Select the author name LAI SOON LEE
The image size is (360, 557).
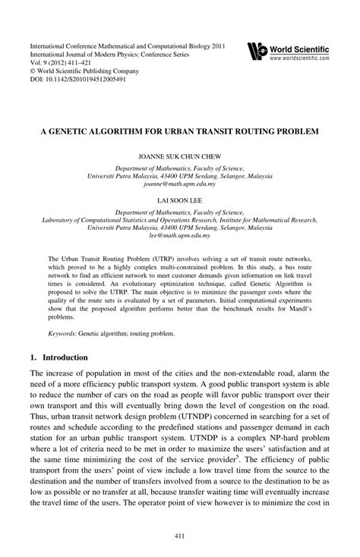pos(179,203)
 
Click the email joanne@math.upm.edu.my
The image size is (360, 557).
pos(179,184)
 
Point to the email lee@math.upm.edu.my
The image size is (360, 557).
pos(179,237)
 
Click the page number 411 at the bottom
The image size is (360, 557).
pos(179,537)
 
